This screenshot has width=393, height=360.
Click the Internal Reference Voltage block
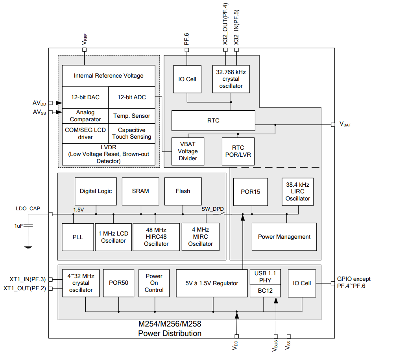point(109,76)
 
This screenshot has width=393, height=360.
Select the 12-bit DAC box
point(85,97)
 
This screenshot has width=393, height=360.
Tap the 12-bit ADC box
point(131,97)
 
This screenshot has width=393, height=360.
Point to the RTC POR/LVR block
point(238,151)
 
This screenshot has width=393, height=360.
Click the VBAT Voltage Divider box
point(188,151)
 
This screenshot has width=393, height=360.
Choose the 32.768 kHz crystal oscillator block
point(231,79)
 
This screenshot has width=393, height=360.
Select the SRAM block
point(140,191)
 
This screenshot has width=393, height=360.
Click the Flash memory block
point(183,191)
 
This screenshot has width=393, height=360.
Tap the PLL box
point(77,237)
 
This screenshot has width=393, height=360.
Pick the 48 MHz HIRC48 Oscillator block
point(156,237)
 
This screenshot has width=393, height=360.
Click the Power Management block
point(284,237)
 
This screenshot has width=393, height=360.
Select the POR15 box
point(251,192)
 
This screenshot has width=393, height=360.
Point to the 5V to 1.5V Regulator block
point(212,283)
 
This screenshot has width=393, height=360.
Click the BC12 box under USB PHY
point(266,291)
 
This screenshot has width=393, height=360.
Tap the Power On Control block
point(154,283)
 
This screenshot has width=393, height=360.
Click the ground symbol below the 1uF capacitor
point(28,247)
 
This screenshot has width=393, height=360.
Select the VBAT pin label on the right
point(345,124)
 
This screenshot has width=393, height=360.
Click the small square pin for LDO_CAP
point(50,214)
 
